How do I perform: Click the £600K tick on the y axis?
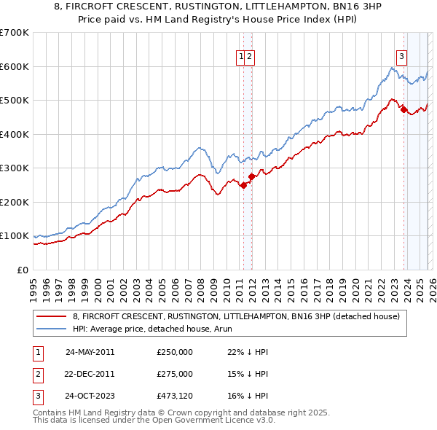click(x=15, y=66)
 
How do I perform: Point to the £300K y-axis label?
click(x=15, y=168)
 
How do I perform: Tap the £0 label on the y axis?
click(x=22, y=270)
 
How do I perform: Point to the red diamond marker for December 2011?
click(x=251, y=176)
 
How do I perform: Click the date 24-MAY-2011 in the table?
click(x=90, y=352)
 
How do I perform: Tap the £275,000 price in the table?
click(x=175, y=374)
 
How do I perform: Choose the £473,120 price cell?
click(x=175, y=396)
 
